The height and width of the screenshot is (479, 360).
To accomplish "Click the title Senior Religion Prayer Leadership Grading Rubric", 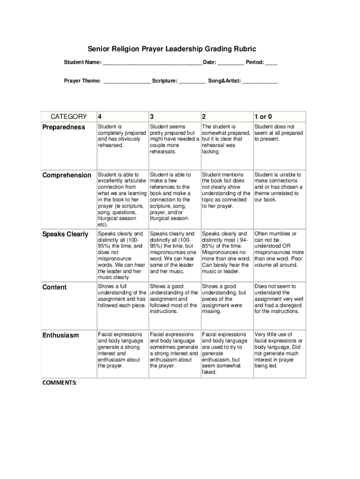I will [172, 49].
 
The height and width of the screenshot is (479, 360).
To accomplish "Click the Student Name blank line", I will [152, 63].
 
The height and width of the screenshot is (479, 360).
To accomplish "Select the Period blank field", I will [271, 63].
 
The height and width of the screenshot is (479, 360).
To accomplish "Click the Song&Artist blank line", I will [260, 81].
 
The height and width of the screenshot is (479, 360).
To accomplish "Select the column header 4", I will [100, 117].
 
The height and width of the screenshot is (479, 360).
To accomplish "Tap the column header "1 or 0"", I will [263, 117].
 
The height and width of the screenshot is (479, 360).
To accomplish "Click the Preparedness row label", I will [65, 127].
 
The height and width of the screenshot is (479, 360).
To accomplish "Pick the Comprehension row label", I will [67, 175].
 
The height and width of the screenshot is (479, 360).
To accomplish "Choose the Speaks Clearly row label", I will [65, 234].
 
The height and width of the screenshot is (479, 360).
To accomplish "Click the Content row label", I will [55, 287].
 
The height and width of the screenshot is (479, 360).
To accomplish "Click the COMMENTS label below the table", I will [59, 382].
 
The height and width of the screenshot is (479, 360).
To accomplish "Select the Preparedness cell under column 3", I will [174, 139].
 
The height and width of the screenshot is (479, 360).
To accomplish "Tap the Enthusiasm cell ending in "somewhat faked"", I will [226, 353].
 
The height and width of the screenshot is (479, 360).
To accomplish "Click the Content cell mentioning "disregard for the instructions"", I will [279, 298].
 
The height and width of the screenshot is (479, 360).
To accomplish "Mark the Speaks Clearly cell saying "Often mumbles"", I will [279, 249].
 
